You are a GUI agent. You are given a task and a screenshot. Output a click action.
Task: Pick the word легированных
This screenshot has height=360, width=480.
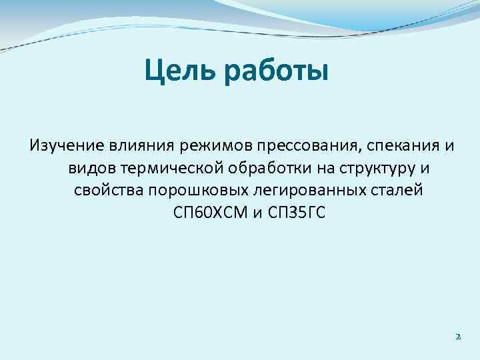click(291, 191)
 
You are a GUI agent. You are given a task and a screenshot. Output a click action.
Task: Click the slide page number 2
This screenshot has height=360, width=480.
click(458, 337)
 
